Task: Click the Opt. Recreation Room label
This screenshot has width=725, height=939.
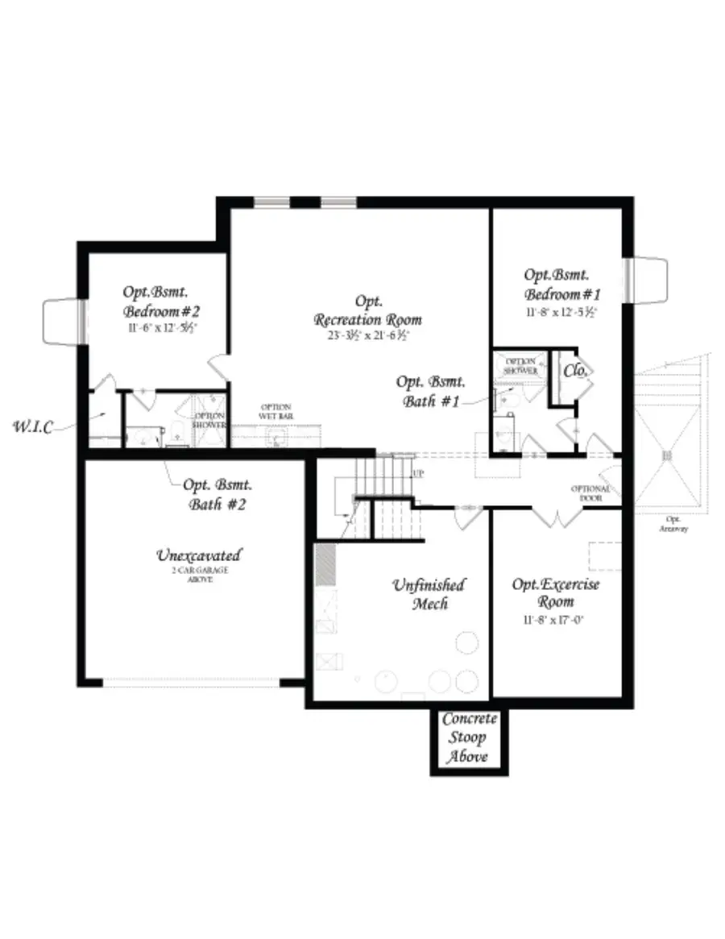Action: coord(367,310)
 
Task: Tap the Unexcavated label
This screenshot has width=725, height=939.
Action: coord(198,555)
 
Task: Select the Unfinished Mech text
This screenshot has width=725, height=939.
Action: coord(429,594)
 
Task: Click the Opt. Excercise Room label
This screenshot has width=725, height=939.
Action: coord(556,592)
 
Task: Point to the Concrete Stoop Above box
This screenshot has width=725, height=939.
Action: coord(470,738)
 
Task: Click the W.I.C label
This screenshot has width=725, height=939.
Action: coord(32,426)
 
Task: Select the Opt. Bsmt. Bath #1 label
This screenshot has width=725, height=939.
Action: coord(431,390)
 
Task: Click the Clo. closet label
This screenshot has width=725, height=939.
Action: coord(575,371)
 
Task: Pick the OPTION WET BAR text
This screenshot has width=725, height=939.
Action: coord(275,411)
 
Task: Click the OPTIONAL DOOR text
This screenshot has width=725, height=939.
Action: coord(590,493)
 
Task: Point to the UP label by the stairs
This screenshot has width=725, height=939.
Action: coord(417,474)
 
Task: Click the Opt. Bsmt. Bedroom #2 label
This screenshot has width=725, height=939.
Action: coord(161,301)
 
